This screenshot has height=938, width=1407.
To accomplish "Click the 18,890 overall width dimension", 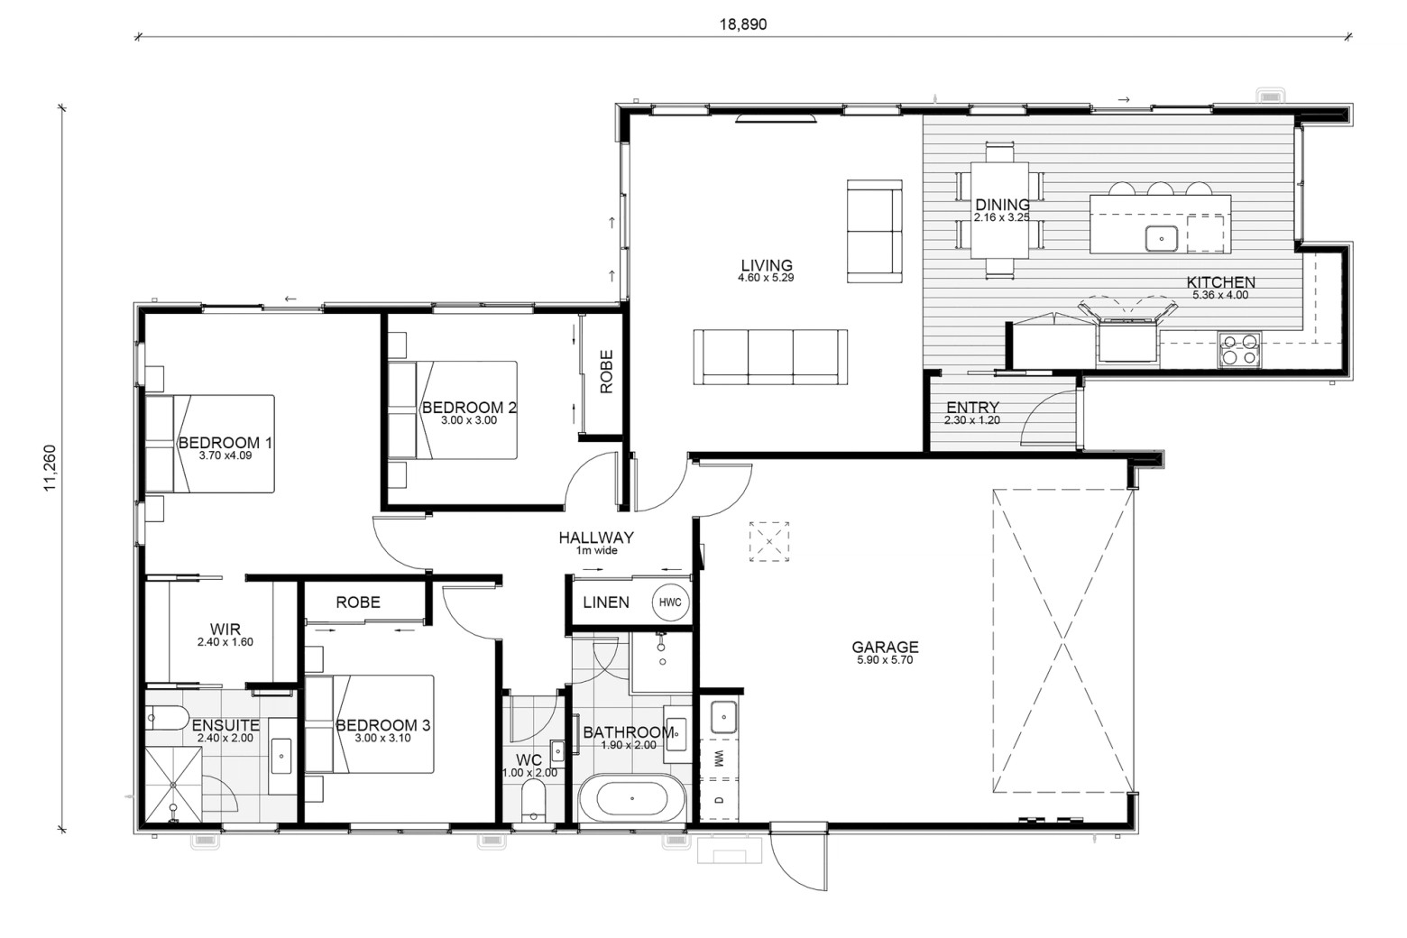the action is (743, 24).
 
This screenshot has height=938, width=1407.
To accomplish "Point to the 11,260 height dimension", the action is (50, 468).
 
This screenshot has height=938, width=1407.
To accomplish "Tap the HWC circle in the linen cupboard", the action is (670, 602).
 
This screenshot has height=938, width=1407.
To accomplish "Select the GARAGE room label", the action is (885, 647).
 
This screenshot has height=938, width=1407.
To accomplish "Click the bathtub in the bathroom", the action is (632, 799).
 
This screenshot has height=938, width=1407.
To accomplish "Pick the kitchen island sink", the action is (1162, 239).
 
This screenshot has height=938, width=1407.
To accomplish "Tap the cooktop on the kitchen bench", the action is (1239, 350).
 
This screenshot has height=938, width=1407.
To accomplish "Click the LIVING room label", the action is (767, 265).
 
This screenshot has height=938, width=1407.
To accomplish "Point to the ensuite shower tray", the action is (174, 785).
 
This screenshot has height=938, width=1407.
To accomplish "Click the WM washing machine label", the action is (719, 759).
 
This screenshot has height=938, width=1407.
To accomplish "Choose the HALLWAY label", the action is (596, 538).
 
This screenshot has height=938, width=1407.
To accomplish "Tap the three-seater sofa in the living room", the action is (771, 356).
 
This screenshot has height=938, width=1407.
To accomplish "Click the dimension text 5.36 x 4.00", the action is (1220, 295).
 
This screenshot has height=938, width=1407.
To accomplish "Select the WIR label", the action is (225, 629).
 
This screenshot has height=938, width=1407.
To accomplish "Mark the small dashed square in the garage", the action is (769, 541).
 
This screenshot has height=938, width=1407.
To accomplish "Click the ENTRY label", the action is (972, 407).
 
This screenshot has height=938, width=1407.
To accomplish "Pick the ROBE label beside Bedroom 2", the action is (606, 372).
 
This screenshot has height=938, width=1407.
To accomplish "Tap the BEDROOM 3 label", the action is (383, 725).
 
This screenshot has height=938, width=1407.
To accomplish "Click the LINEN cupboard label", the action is (606, 602).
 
